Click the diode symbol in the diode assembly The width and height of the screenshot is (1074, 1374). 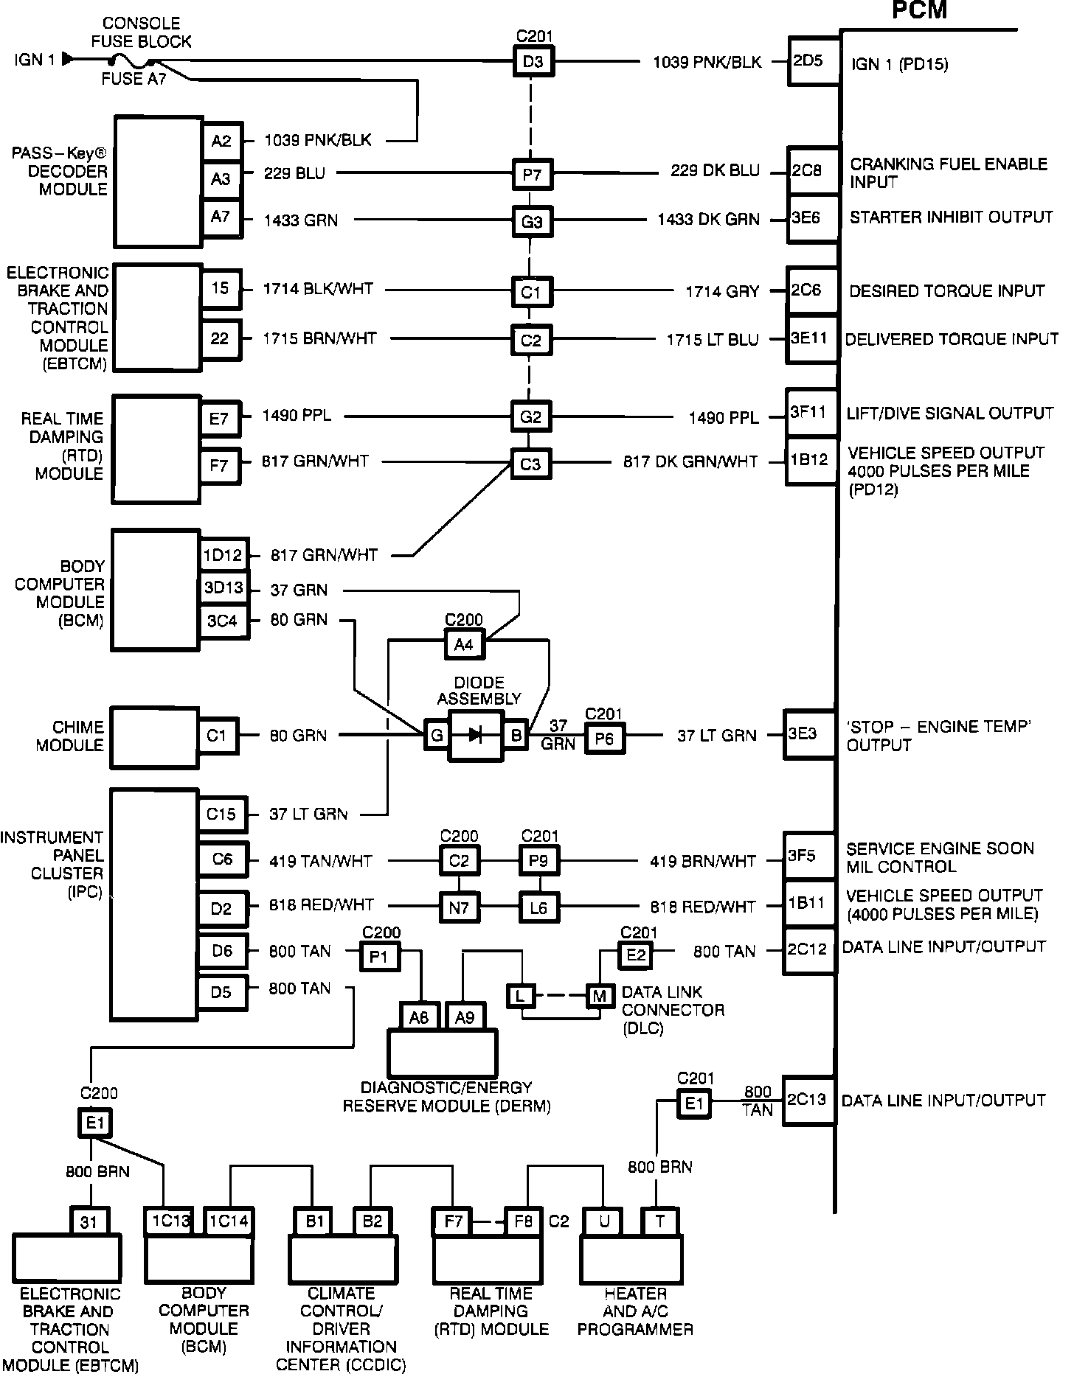coord(476,735)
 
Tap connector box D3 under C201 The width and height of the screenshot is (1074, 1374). coord(533,61)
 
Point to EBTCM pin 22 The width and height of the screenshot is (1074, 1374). coord(221,340)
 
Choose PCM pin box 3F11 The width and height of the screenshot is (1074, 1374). coord(810,413)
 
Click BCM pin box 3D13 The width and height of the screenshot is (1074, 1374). coord(222,588)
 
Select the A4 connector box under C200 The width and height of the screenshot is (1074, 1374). coord(463,645)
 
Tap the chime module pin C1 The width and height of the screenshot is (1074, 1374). coord(217,736)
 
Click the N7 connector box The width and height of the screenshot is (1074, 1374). coord(459,907)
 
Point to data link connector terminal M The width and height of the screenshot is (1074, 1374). coord(599,997)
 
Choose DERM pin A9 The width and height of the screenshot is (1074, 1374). coord(464,1018)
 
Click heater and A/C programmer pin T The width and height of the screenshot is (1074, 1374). coord(659,1221)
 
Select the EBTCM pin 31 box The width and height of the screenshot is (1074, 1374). coord(89,1223)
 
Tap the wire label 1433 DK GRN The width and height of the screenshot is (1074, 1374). coord(709,220)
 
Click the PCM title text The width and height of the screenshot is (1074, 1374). coord(919,10)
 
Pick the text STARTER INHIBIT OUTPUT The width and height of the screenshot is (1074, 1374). coord(952,217)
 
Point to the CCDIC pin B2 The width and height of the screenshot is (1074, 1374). coord(373,1221)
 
